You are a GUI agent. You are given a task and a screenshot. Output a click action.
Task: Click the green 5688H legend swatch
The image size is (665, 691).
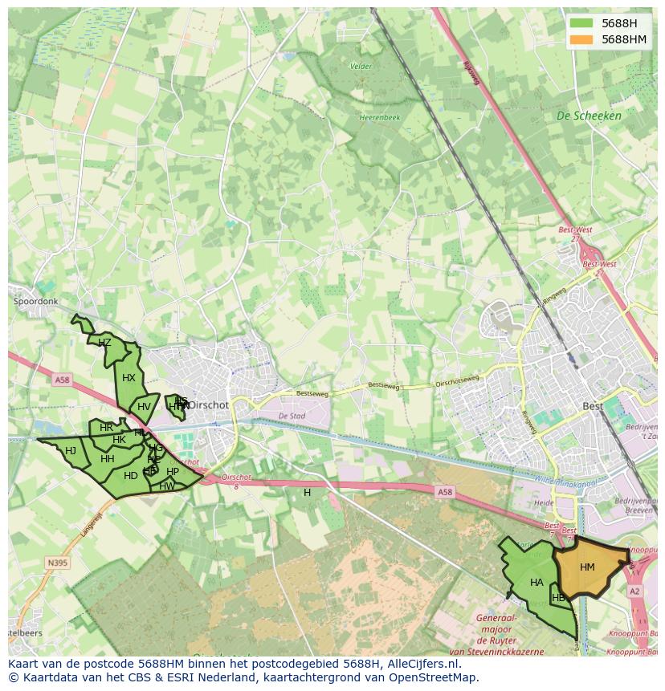(x=581, y=23)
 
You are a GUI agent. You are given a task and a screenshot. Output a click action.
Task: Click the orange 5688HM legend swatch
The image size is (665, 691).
(x=581, y=39)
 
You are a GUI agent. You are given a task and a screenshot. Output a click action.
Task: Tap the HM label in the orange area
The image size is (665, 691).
(x=587, y=567)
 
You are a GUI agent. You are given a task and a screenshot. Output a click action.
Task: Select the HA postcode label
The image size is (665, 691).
(x=536, y=583)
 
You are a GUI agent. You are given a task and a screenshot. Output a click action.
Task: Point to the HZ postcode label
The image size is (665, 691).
(x=104, y=343)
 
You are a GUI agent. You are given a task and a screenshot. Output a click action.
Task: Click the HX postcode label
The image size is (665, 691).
(x=129, y=378)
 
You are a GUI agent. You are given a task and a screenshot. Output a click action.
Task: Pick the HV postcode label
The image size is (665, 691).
(x=144, y=407)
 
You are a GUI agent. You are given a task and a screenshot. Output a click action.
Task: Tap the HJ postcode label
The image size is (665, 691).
(x=71, y=451)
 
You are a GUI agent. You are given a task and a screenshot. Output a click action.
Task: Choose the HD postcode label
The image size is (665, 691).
(x=130, y=476)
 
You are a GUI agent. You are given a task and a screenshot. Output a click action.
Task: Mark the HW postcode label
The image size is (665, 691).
(x=167, y=486)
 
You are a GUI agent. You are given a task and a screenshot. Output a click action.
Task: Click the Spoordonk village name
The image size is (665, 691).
(x=36, y=302)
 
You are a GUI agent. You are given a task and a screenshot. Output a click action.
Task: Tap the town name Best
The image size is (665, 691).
(x=593, y=407)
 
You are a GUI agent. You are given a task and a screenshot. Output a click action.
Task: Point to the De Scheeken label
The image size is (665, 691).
(x=589, y=116)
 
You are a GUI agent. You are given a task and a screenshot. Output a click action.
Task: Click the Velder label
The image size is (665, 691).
(x=361, y=67)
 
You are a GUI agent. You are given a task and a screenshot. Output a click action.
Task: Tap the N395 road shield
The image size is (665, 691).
(x=57, y=563)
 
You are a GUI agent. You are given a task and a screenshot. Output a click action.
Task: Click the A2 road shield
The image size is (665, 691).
(x=635, y=591)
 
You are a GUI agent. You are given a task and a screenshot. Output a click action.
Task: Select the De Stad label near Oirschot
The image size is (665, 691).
(x=292, y=417)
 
